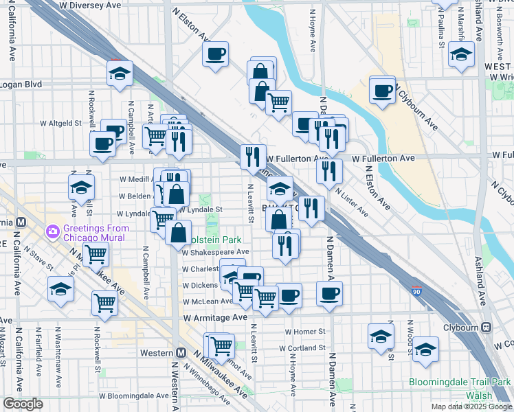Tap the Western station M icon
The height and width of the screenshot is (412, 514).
coord(181,352)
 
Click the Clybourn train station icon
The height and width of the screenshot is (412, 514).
coord(486,328)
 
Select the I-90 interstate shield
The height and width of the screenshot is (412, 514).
coord(416,291)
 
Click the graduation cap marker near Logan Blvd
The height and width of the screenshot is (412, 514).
coord(120,73)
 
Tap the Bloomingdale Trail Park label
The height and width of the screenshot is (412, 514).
coord(460,382)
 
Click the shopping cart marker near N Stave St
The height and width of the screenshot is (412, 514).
coord(97,254)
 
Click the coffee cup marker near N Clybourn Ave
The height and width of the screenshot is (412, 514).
coord(382,90)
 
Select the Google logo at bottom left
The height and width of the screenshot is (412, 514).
coord(23,404)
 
